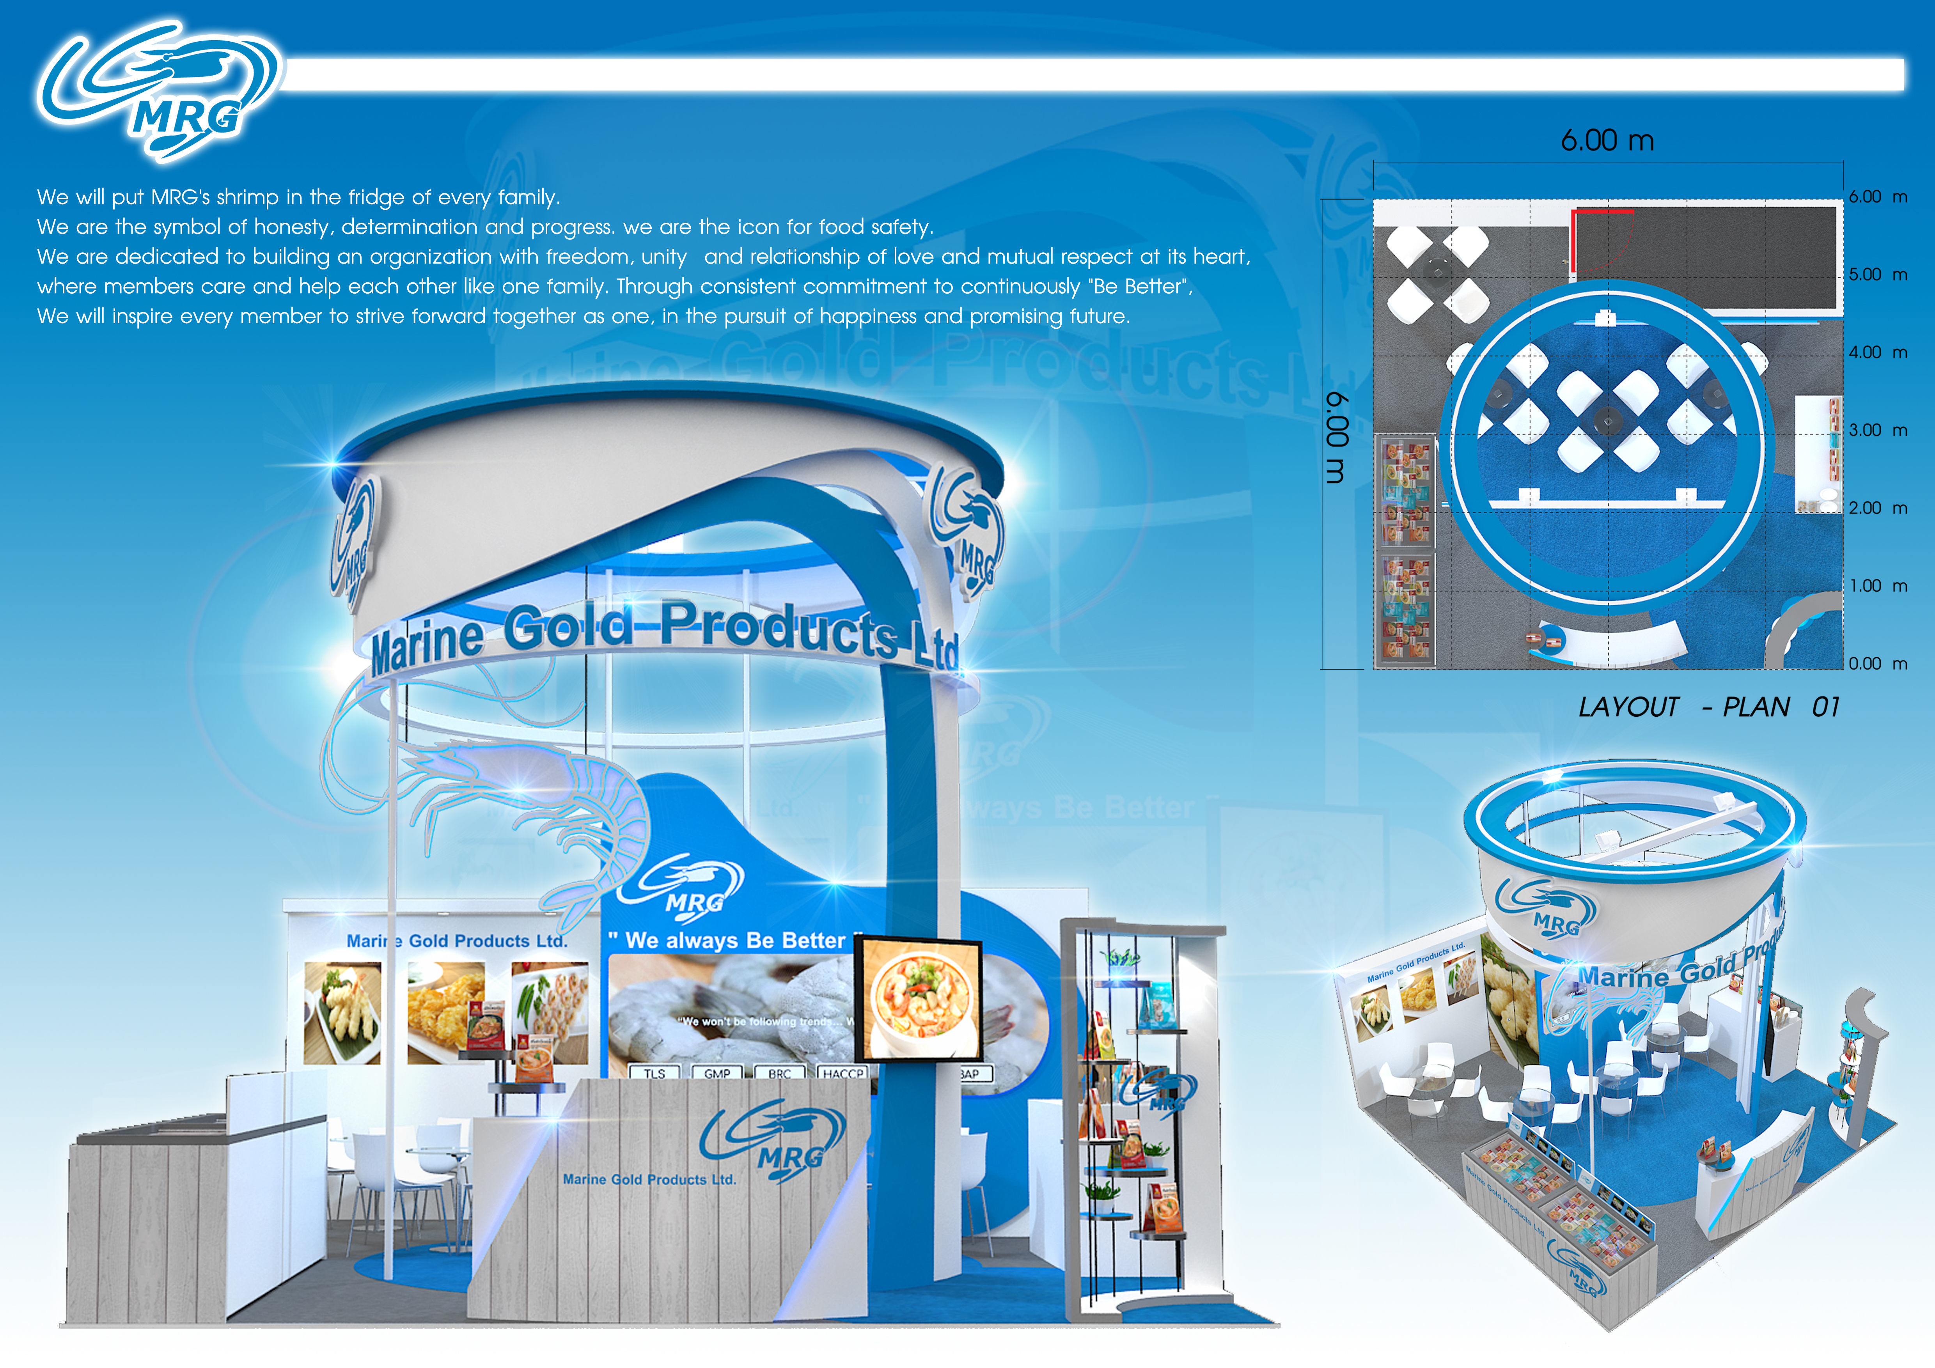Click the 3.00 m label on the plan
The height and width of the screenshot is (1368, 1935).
point(1877,431)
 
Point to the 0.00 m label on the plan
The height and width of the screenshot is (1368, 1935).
point(1877,664)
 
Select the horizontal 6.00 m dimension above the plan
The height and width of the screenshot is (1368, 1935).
point(1607,141)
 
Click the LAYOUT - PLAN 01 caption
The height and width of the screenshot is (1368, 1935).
point(1708,707)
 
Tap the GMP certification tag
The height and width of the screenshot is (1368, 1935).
point(717,1073)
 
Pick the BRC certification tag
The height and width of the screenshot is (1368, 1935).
point(780,1073)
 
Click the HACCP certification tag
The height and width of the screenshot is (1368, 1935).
point(843,1073)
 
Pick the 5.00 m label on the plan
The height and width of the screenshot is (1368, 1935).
point(1877,275)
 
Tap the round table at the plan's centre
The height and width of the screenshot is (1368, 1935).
point(1607,420)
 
